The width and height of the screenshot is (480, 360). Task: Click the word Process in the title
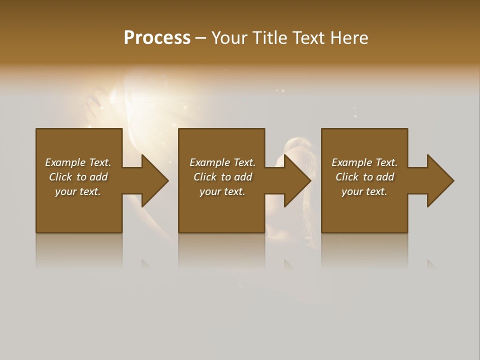(x=157, y=38)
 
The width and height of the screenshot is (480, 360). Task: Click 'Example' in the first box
(x=65, y=162)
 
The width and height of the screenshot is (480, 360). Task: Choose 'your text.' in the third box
(x=364, y=191)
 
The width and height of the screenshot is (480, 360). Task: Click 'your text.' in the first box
(x=78, y=191)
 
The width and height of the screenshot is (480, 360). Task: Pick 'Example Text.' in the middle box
(x=222, y=162)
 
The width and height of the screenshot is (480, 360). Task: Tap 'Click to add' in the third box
(x=364, y=177)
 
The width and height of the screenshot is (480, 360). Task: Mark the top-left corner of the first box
(x=36, y=129)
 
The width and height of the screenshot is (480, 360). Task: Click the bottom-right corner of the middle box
(x=264, y=232)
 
